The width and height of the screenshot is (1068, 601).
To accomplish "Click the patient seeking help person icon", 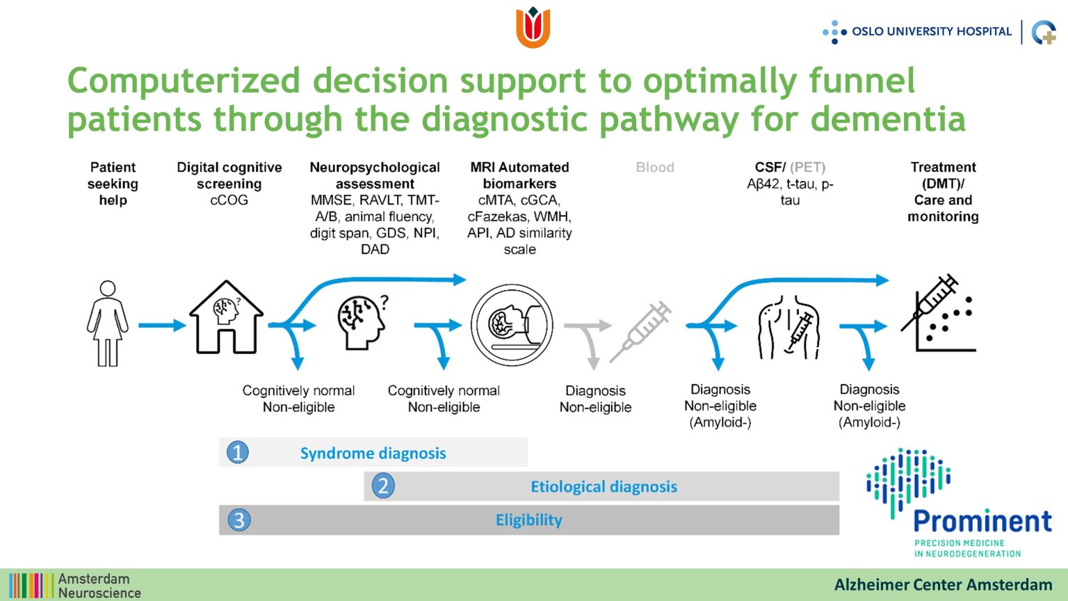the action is (108, 323).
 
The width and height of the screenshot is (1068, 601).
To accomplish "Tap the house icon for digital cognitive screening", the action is (226, 316).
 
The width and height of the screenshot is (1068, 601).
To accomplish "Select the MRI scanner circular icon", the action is (512, 325).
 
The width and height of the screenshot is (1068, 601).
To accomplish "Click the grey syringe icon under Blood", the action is (641, 331).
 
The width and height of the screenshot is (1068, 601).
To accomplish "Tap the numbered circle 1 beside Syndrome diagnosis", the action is (237, 452).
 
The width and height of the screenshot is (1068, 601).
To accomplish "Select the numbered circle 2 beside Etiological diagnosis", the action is (383, 486).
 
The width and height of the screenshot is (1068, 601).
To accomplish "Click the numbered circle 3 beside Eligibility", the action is (239, 520).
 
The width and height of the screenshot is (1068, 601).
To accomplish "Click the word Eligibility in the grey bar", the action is (528, 520).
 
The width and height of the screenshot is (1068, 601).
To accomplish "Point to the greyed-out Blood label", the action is (654, 168).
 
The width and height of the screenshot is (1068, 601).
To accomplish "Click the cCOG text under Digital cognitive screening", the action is (229, 200).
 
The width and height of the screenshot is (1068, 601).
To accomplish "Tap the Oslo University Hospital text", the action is (932, 31).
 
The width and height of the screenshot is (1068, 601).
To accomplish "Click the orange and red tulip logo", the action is (533, 27).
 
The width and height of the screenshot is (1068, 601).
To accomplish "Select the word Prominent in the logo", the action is (982, 521).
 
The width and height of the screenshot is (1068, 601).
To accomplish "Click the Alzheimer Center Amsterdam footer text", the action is (943, 585).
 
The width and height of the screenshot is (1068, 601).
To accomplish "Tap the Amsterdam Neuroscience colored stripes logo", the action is (31, 585).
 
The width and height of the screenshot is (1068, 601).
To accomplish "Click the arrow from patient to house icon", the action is (162, 326).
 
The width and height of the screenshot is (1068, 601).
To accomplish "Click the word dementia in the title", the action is (888, 119).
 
